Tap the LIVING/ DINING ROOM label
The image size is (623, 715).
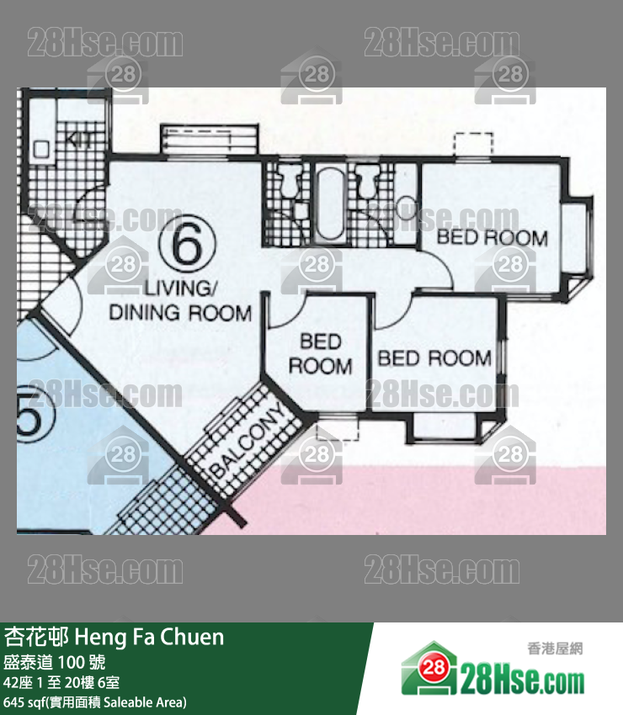pos(180,301)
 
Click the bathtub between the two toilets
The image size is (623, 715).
pos(329,203)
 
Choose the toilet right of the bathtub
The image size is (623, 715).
pos(366,180)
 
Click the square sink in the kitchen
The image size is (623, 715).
pos(41,149)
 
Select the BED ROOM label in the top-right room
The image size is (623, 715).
pos(492,237)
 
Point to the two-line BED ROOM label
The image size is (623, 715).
pos(321,354)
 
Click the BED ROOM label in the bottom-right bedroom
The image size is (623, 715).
pos(434,358)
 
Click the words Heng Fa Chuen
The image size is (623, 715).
pos(149,637)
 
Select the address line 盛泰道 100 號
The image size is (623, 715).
pos(55,662)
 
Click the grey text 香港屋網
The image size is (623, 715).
pos(555,649)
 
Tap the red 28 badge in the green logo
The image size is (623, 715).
pos(433,667)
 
